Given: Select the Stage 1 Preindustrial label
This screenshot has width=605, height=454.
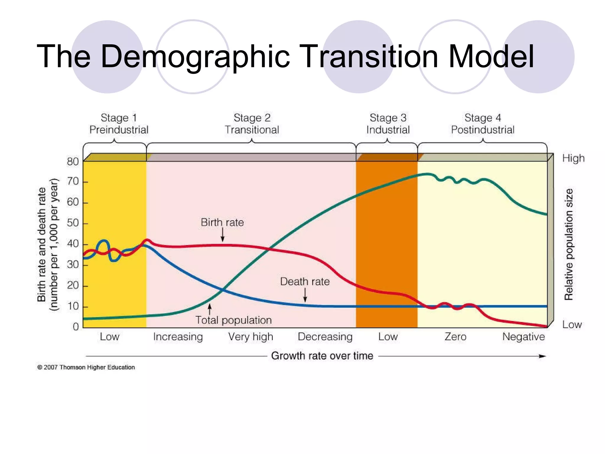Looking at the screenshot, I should [x=119, y=124].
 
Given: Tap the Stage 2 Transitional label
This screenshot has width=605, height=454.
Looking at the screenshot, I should [x=252, y=124].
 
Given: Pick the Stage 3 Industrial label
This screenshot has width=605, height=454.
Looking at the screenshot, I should [x=388, y=124].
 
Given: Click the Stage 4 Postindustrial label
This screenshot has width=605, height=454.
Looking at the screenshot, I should [x=483, y=124].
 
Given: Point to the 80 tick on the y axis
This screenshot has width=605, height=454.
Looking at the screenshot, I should [x=73, y=162].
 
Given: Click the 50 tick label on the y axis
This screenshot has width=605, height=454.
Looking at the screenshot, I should [x=73, y=223].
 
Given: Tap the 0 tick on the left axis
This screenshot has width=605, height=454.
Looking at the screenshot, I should [x=76, y=327].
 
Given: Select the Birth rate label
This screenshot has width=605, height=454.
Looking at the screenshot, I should [x=222, y=222].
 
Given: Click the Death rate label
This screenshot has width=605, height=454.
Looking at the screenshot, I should [x=305, y=281].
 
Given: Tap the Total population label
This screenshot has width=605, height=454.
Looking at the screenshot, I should [x=233, y=320].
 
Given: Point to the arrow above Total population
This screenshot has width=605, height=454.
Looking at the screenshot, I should [x=209, y=309].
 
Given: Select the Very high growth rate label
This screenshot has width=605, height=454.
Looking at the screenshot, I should [x=251, y=337].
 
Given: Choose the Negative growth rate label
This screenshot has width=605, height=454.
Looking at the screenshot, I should [x=523, y=337].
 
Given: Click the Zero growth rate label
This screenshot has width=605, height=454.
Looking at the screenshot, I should [x=455, y=337].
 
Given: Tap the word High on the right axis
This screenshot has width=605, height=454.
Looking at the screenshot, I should [x=573, y=158].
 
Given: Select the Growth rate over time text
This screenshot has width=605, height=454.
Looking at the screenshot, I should [x=322, y=356].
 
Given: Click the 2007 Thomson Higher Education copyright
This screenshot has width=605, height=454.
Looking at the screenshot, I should [x=86, y=367].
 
